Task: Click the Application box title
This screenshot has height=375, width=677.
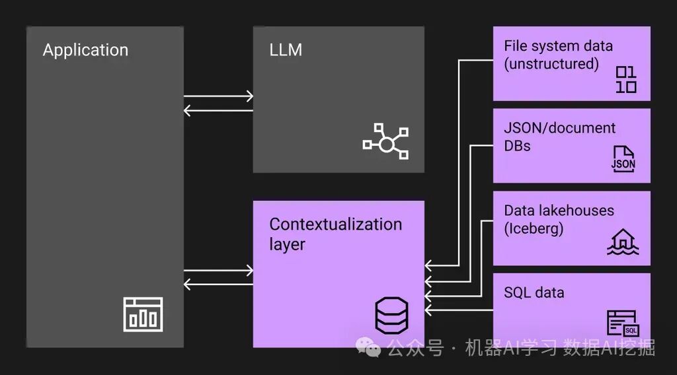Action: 85,50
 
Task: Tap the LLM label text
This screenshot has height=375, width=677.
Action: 286,50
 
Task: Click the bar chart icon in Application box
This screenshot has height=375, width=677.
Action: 143,314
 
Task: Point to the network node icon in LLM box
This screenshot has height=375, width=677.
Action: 385,142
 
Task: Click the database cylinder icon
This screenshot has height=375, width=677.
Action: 391,315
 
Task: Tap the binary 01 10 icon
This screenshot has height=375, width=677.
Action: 626,80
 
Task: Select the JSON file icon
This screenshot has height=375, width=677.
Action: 623,159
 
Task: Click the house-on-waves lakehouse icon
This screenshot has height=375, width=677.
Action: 623,242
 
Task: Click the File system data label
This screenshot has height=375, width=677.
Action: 558,46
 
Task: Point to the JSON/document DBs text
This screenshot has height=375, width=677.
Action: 559,137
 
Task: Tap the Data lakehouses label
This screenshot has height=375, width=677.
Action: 559,211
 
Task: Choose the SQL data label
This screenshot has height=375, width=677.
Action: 534,292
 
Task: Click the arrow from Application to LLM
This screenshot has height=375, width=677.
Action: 218,96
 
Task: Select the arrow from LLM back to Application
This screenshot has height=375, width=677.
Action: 218,110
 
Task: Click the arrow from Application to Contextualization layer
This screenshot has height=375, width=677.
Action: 218,271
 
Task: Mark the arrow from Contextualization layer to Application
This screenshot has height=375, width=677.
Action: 218,284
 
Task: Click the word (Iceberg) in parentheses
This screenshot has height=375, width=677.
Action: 534,229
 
